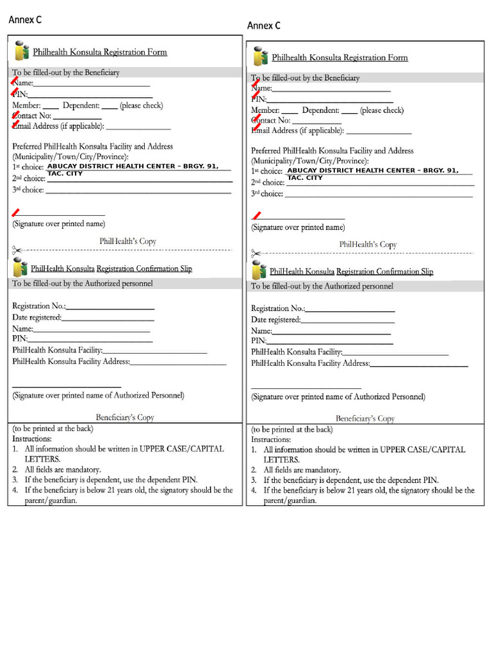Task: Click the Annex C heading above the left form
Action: pyautogui.click(x=25, y=20)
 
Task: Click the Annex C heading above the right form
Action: pyautogui.click(x=264, y=26)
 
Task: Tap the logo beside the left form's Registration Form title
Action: pyautogui.click(x=21, y=51)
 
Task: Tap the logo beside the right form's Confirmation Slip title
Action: pyautogui.click(x=259, y=270)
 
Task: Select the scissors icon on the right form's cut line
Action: pyautogui.click(x=256, y=254)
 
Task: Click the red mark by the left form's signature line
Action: pyautogui.click(x=15, y=212)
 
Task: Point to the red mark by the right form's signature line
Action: pyautogui.click(x=256, y=216)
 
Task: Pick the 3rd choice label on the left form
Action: pyautogui.click(x=28, y=190)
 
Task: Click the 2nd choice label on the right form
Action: pyautogui.click(x=267, y=183)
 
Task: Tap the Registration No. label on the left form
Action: pyautogui.click(x=38, y=306)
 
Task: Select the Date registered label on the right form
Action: pyautogui.click(x=275, y=320)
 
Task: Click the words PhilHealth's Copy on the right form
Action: pyautogui.click(x=368, y=245)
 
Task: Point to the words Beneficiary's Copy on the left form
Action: pyautogui.click(x=125, y=418)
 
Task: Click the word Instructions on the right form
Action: pyautogui.click(x=270, y=439)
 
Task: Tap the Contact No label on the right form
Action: pyautogui.click(x=270, y=120)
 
